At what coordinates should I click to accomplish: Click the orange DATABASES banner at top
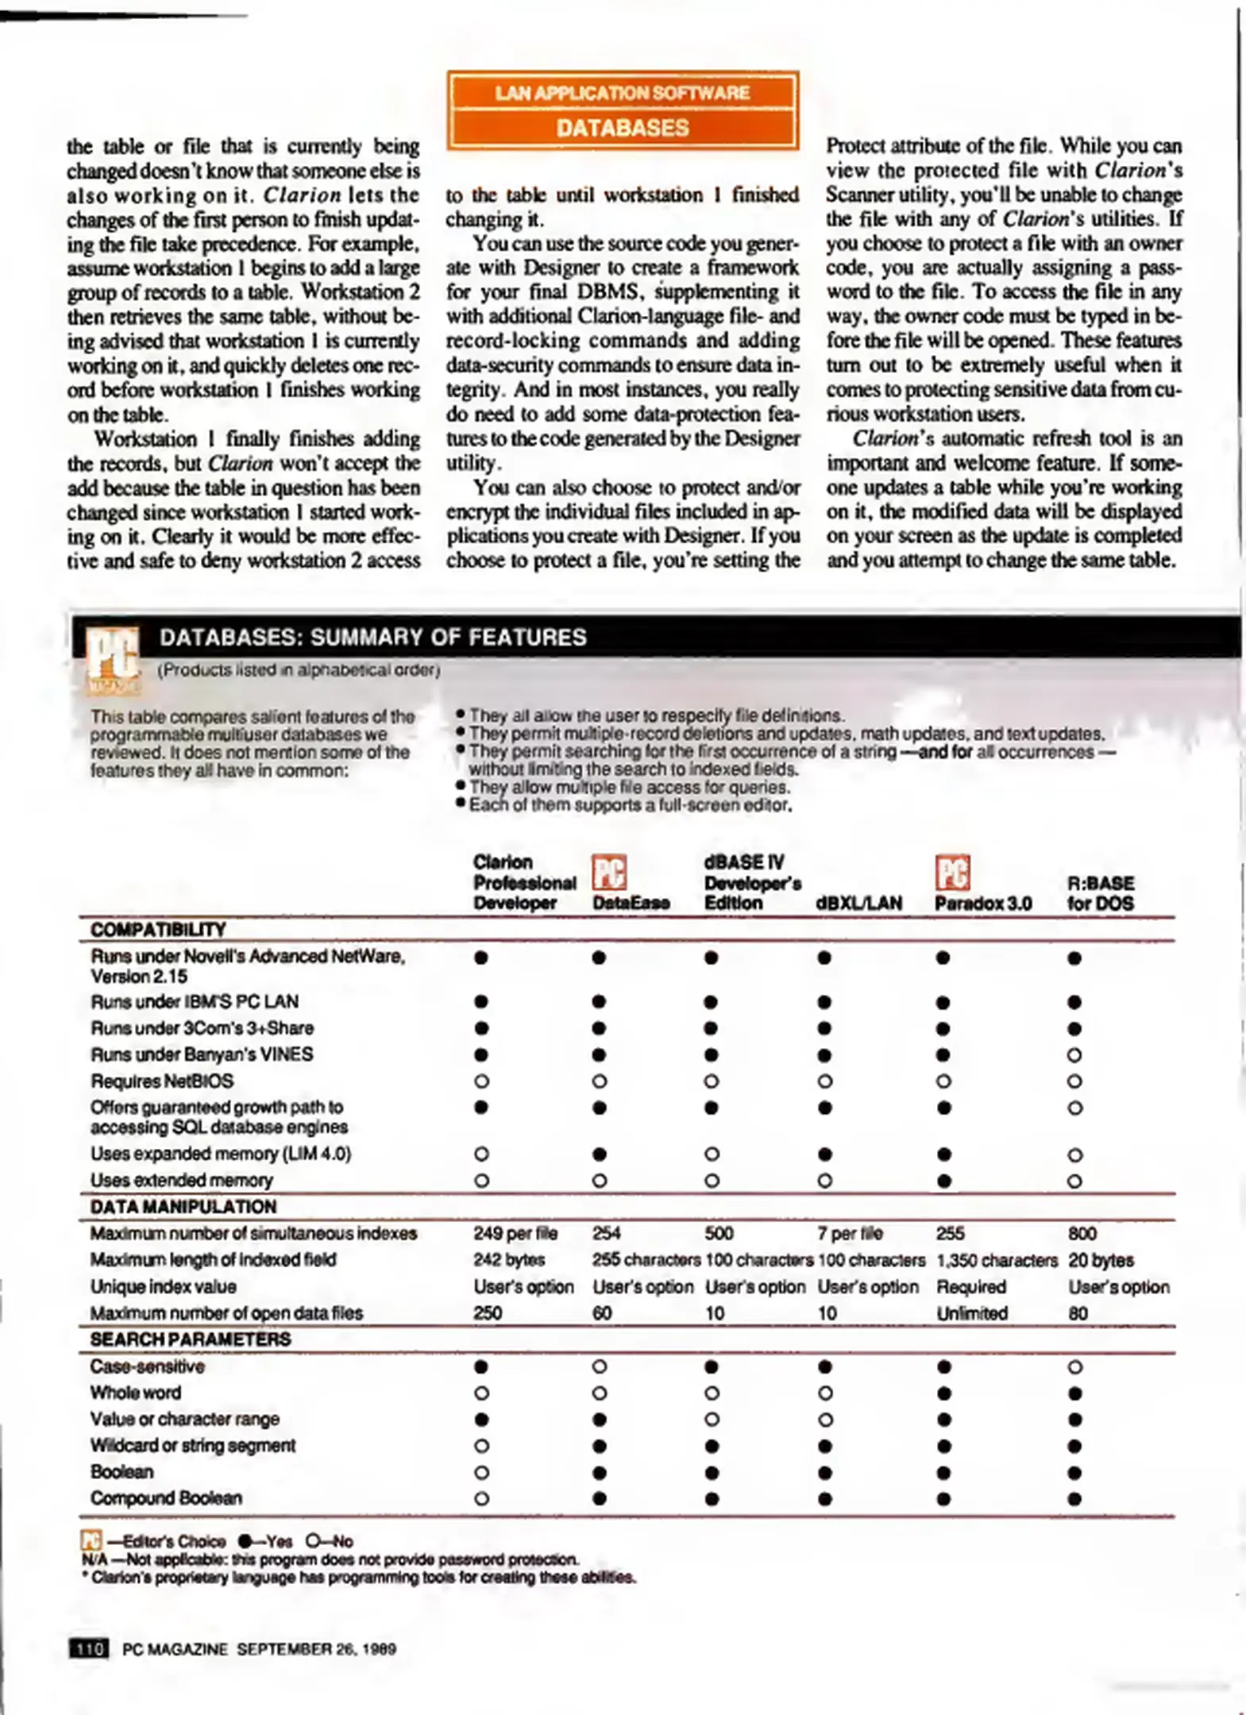[623, 128]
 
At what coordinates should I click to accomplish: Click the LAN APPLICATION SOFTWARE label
[623, 93]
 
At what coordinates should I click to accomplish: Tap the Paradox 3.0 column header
[982, 904]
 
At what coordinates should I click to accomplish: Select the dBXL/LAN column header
[858, 904]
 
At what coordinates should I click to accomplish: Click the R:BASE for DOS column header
[1100, 893]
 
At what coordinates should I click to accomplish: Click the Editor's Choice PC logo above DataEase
[609, 872]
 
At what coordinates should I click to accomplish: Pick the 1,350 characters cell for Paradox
[997, 1260]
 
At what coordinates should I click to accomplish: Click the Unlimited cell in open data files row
[971, 1313]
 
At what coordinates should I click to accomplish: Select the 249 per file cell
[515, 1233]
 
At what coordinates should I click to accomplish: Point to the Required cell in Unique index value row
[970, 1286]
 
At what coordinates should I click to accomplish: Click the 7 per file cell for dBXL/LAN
[849, 1233]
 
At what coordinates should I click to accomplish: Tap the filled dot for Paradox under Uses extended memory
[943, 1181]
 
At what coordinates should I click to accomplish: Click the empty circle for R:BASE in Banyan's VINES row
[1074, 1055]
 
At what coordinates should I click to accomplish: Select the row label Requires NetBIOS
[162, 1081]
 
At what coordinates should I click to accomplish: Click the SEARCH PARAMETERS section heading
[191, 1339]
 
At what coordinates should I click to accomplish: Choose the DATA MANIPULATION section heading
[183, 1207]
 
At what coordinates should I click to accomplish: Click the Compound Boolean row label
[166, 1498]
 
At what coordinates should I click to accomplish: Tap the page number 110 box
[89, 1648]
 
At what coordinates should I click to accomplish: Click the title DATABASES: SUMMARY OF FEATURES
[372, 638]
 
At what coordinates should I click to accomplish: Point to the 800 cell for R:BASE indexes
[1082, 1233]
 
